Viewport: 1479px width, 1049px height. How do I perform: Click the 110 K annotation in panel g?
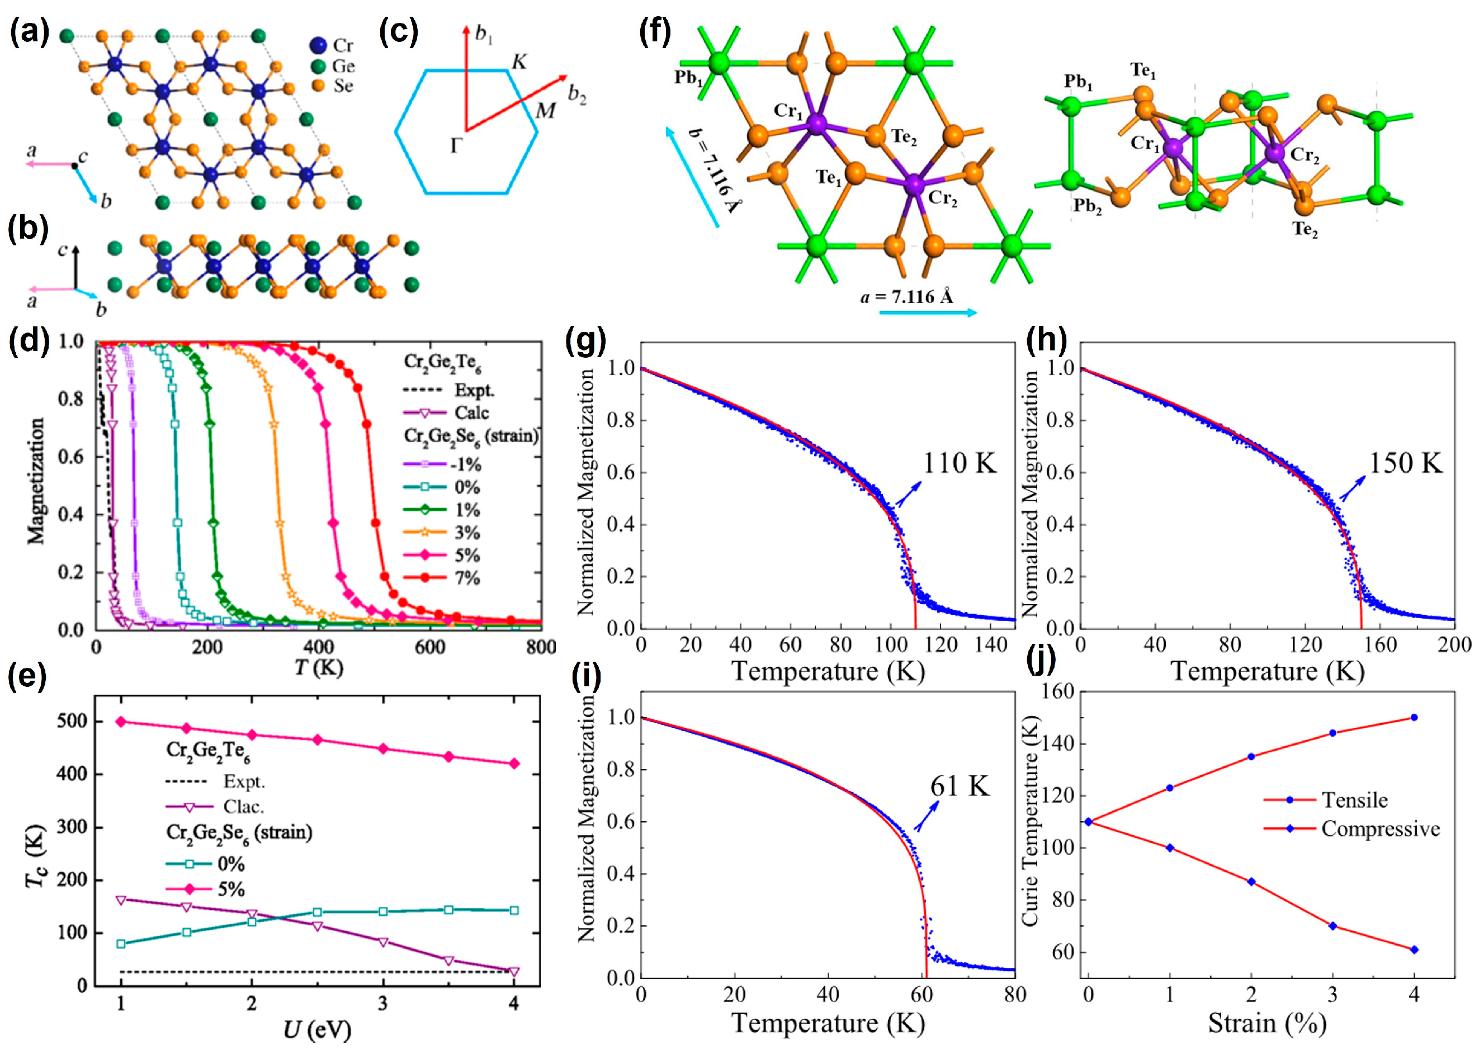(x=959, y=463)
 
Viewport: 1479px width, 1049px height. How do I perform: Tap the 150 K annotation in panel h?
(x=1405, y=463)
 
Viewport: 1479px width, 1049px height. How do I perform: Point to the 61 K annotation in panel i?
(x=960, y=786)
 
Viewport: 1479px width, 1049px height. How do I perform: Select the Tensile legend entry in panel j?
(x=1354, y=800)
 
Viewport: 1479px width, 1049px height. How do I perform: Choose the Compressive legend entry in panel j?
(x=1380, y=829)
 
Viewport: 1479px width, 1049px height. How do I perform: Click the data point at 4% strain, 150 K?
(x=1414, y=718)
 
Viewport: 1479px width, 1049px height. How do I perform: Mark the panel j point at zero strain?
(x=1089, y=822)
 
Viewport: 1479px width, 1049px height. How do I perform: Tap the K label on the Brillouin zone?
(x=519, y=62)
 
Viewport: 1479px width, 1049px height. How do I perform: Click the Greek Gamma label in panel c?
(x=456, y=146)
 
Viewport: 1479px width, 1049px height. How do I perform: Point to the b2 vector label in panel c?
(x=577, y=95)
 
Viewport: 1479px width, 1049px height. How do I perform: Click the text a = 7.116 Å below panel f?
(x=906, y=297)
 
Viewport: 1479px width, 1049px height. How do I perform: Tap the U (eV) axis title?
(x=316, y=1029)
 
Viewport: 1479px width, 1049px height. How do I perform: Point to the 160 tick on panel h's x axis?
(x=1381, y=644)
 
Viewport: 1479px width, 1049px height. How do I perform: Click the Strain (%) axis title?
(x=1267, y=1024)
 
